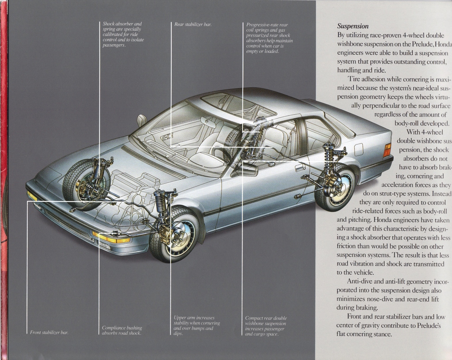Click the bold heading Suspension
pos(353,26)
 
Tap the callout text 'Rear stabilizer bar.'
pos(193,24)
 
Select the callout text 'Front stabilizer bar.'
pos(49,332)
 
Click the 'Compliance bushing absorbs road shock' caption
pos(122,330)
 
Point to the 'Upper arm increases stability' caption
pos(197,326)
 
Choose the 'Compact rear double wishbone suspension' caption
pos(266,326)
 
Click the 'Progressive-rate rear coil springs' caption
pos(269,38)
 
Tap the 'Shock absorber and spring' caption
pos(123,34)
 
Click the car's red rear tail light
pos(387,150)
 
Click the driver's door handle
pos(300,167)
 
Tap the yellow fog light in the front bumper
pos(112,238)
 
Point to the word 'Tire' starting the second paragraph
pos(354,79)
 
